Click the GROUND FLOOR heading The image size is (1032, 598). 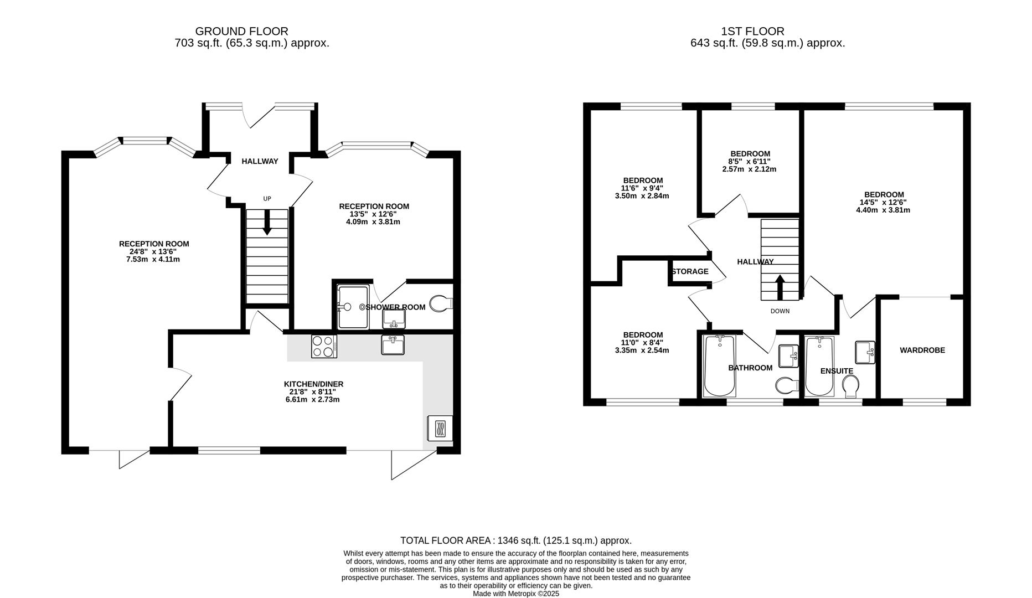point(241,32)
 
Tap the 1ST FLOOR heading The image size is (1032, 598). point(752,32)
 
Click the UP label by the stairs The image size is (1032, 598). point(267,199)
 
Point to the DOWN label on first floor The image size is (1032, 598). point(780,311)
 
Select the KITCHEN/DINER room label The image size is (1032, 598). point(313,384)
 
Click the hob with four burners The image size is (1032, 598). point(324,347)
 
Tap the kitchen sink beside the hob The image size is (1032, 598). point(393,345)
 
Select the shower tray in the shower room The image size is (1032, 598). point(353,307)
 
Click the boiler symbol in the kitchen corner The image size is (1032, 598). point(440,429)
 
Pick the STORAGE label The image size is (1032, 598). point(690,271)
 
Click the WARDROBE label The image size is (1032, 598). point(922,350)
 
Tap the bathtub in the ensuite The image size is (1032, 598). point(819,366)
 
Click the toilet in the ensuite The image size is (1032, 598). point(850,386)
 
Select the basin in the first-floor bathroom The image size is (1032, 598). point(788,356)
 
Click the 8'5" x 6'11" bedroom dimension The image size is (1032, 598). point(750,162)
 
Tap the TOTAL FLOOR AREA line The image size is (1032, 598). point(516,540)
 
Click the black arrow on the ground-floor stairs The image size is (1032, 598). point(267,223)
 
